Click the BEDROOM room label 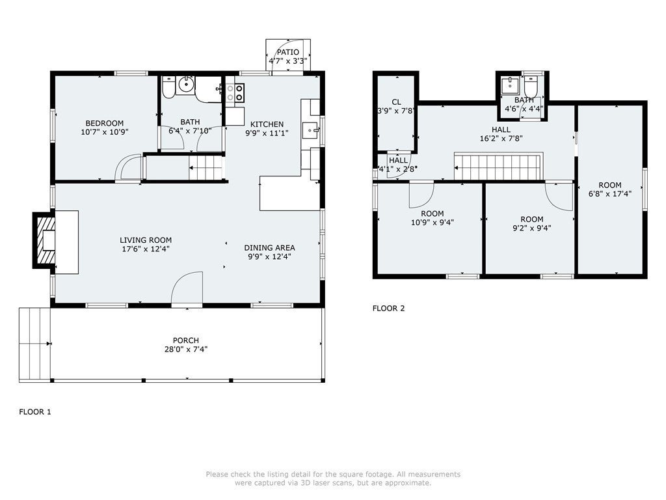(x=105, y=123)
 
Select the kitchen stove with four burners (x=235, y=92)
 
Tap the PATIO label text (x=288, y=52)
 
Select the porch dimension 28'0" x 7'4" (x=186, y=350)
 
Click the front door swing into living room (x=187, y=288)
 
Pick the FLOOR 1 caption (x=35, y=411)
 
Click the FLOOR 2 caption (x=389, y=308)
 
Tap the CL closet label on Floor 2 (x=396, y=102)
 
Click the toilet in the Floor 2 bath (x=531, y=87)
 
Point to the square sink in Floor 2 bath (x=510, y=85)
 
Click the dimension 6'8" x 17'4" (x=610, y=194)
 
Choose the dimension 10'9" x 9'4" (x=433, y=222)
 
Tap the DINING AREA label (x=269, y=247)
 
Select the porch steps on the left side (x=34, y=344)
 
